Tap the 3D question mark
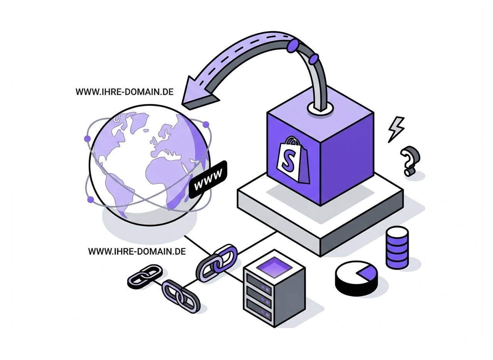410,161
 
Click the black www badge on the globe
208,179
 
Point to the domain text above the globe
124,92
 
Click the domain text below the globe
137,251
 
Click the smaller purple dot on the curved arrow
314,59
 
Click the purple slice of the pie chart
366,273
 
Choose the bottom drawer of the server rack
258,309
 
